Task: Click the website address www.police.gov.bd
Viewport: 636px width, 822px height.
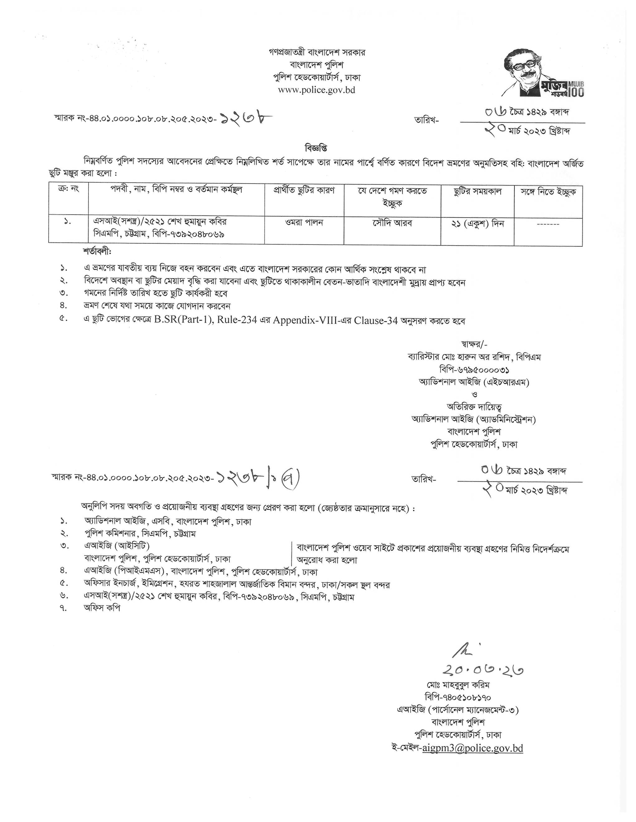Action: click(x=316, y=90)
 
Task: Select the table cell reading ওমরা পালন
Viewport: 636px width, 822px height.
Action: click(x=304, y=223)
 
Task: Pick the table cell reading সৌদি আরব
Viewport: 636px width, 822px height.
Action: click(x=392, y=223)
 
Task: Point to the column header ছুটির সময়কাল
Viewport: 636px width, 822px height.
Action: click(x=477, y=191)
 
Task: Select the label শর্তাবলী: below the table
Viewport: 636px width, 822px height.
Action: click(x=97, y=251)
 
